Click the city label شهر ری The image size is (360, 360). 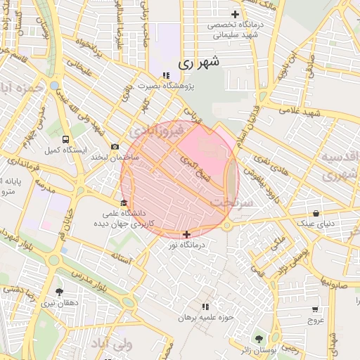[x=199, y=63]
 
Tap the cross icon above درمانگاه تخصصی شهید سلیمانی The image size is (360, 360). [x=235, y=14]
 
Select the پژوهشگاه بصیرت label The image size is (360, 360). [x=165, y=86]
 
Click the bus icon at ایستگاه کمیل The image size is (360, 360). [x=65, y=139]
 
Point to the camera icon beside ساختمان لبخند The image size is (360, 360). [x=115, y=146]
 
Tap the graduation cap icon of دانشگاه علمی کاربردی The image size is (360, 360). [x=124, y=203]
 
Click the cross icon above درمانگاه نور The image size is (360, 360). [x=186, y=234]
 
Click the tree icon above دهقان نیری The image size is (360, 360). [x=58, y=292]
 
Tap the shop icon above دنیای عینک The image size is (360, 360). [x=316, y=214]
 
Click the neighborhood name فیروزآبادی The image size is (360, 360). [x=156, y=131]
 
